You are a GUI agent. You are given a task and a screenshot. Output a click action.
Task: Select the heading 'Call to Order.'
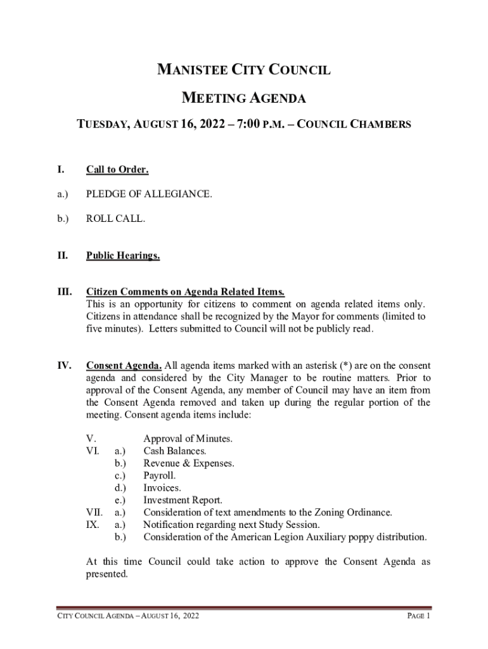click(x=117, y=169)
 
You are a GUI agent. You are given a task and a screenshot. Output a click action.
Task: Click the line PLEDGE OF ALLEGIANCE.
click(x=149, y=194)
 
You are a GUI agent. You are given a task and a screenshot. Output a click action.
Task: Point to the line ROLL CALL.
click(x=115, y=219)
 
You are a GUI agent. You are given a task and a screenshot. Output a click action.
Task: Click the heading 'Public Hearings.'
click(x=123, y=256)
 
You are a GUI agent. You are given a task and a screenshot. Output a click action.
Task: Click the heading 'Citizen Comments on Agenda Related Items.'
click(x=185, y=292)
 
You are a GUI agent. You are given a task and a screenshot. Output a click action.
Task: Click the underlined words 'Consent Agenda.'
click(x=124, y=366)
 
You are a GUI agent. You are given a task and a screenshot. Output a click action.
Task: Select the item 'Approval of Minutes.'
click(x=188, y=439)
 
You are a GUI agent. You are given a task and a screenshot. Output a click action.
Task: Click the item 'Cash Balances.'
click(x=174, y=451)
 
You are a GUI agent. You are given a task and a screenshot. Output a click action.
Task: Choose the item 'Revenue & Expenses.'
click(x=189, y=463)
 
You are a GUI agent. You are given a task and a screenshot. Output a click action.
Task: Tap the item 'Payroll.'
click(x=160, y=475)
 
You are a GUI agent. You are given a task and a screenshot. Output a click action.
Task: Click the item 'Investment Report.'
click(x=183, y=500)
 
